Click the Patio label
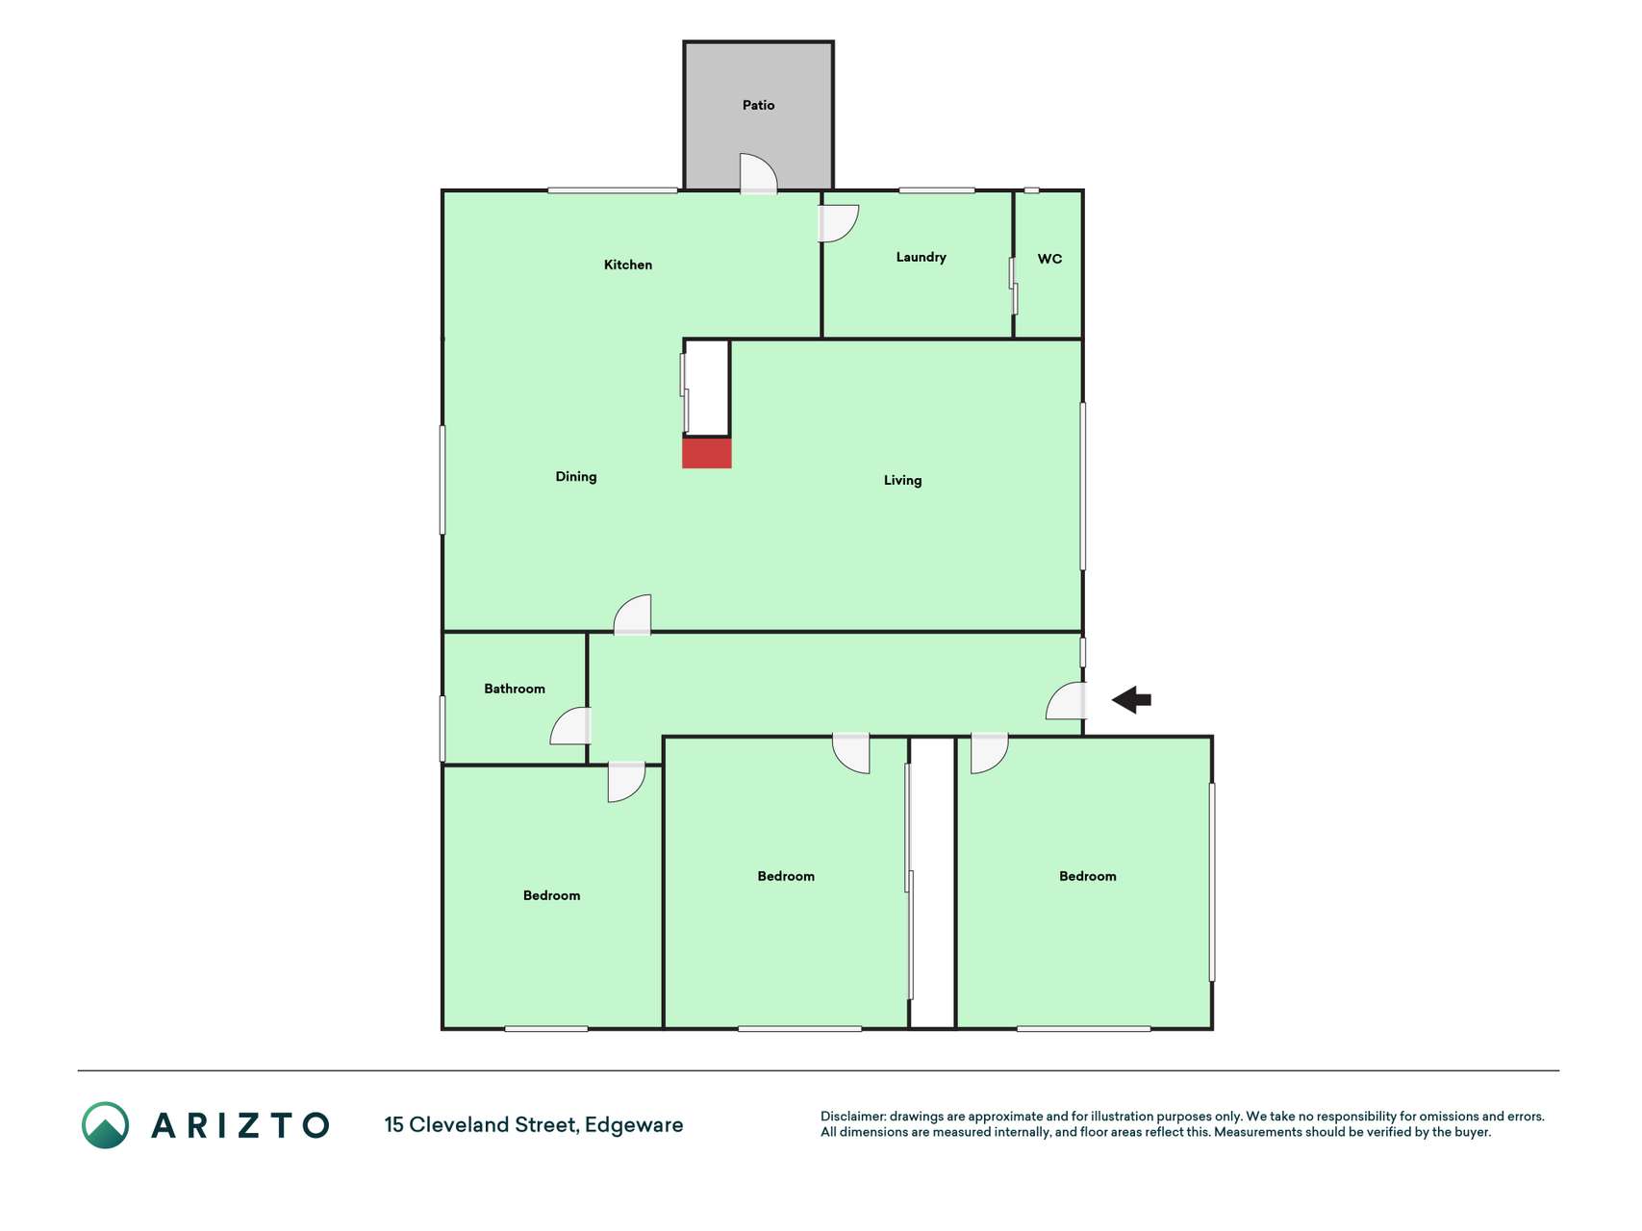pos(758,105)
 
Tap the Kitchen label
pos(628,264)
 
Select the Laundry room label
pos(921,257)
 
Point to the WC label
pos(1049,259)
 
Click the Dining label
pos(576,476)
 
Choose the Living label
pos(902,480)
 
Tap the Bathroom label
pos(515,689)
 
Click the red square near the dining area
pos(707,453)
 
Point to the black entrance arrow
pos(1131,699)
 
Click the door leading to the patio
pos(758,174)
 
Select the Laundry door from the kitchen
pos(838,223)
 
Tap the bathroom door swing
pos(570,726)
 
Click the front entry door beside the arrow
pos(1066,701)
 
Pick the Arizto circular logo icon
pos(105,1125)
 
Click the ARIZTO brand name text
pos(240,1125)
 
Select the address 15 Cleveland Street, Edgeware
pos(534,1125)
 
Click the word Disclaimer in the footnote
pos(852,1117)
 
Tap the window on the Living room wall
pos(1083,486)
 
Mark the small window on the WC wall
pos(1031,190)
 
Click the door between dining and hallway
pos(632,615)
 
